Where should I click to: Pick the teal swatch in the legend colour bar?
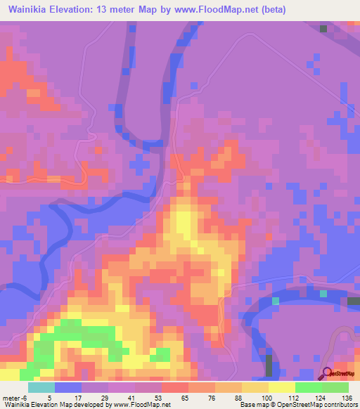click(41, 388)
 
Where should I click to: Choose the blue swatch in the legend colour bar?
click(68, 388)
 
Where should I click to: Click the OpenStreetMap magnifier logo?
click(328, 372)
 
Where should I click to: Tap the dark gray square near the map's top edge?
click(323, 28)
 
